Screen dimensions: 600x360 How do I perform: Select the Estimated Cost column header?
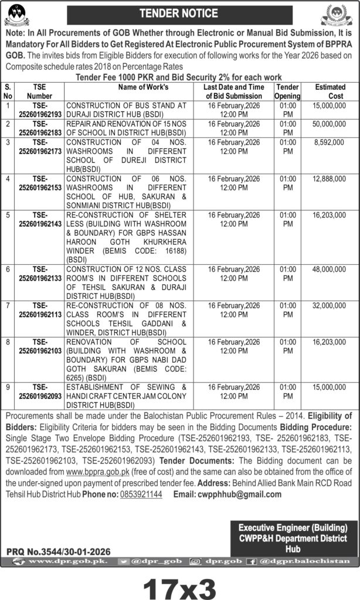click(330, 91)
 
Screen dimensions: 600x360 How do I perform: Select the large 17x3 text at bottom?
click(180, 584)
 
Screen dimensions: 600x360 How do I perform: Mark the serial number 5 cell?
click(8, 214)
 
